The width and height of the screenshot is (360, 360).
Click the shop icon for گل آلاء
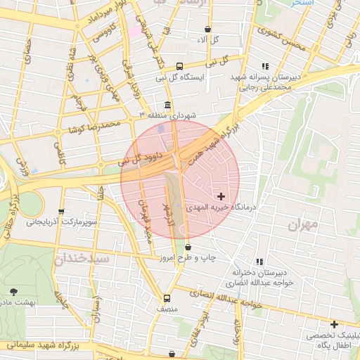coord(207,30)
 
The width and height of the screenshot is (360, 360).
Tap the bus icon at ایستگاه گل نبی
coord(179,66)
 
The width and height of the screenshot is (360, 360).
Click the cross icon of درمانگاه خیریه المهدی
coord(221,196)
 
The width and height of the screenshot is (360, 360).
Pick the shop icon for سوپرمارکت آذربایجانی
coord(61,210)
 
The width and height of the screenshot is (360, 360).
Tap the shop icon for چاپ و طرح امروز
coord(188,247)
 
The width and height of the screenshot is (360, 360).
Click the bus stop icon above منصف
coord(167,298)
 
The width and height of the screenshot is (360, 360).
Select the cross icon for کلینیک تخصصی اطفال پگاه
coord(334,324)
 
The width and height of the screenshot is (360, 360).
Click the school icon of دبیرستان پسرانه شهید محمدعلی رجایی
coord(265,66)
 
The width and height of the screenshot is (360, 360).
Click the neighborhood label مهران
coord(303,225)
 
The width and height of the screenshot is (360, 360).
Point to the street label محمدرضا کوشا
coord(95,126)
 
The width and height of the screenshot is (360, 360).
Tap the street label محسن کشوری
coord(281,39)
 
